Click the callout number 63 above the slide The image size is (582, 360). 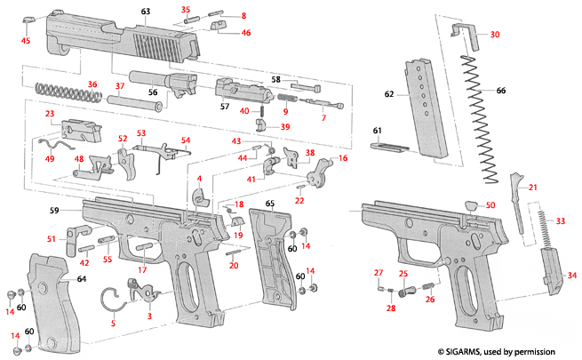pos(146,11)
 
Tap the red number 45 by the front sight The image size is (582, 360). pos(26,41)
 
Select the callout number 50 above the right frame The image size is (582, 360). pos(490,205)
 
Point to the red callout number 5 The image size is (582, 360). pos(112,324)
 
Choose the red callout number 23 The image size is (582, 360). pos(51,115)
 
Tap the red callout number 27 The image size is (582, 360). pos(378,272)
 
